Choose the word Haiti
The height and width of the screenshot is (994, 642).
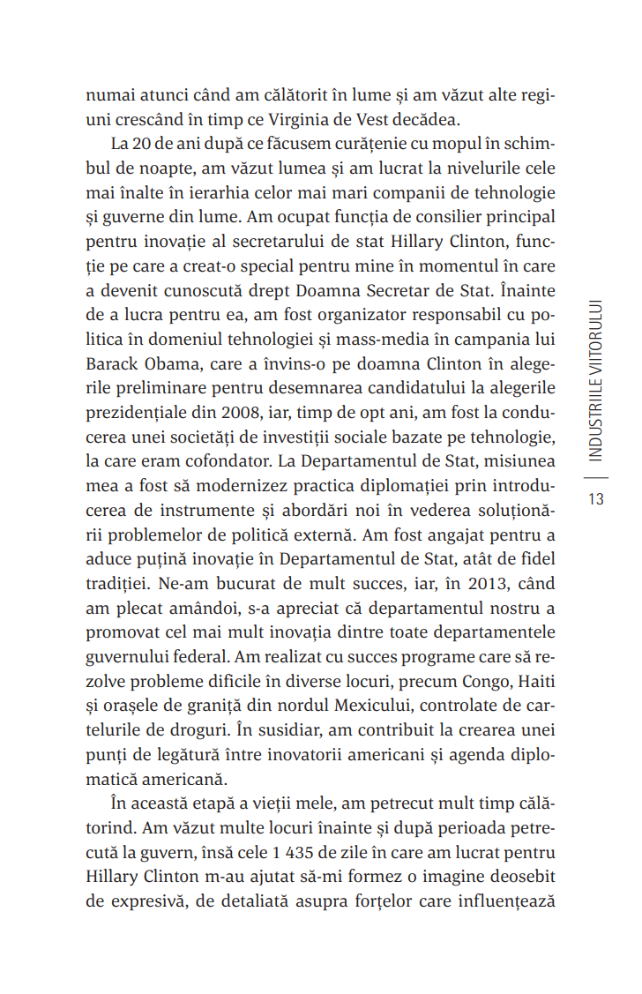[532, 681]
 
